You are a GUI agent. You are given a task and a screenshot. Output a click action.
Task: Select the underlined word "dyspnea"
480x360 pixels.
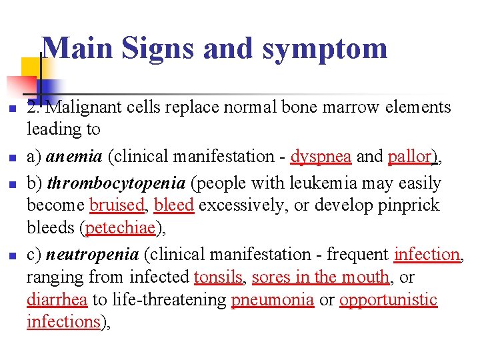[x=321, y=156]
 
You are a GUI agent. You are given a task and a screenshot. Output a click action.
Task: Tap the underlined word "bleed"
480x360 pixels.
[x=173, y=205]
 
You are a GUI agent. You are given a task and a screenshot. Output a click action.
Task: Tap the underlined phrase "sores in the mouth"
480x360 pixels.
[x=321, y=276]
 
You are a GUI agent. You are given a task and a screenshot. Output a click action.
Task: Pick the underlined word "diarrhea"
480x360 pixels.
[x=57, y=299]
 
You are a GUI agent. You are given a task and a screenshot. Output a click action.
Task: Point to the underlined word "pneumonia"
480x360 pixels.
[x=273, y=299]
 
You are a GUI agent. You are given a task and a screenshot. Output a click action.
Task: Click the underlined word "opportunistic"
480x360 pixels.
[x=388, y=299]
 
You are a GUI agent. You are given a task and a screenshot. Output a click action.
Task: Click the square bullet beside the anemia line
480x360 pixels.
[x=9, y=157]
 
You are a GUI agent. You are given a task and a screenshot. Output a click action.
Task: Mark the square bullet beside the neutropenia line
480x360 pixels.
[x=9, y=255]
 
